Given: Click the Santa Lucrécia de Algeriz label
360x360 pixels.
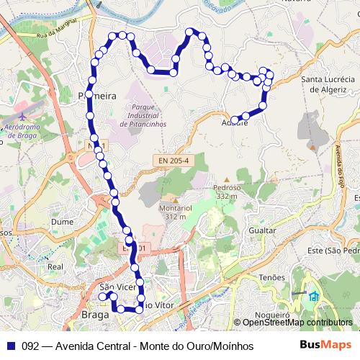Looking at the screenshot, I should pos(328,84).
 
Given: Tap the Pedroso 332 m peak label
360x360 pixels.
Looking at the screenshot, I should pos(225,191).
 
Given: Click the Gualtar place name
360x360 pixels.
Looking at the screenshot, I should pos(261,230).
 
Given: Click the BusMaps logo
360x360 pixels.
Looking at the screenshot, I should pos(325,345).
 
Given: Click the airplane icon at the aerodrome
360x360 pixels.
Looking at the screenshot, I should pos(22,115).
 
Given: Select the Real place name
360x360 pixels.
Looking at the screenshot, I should pos(55,266).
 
